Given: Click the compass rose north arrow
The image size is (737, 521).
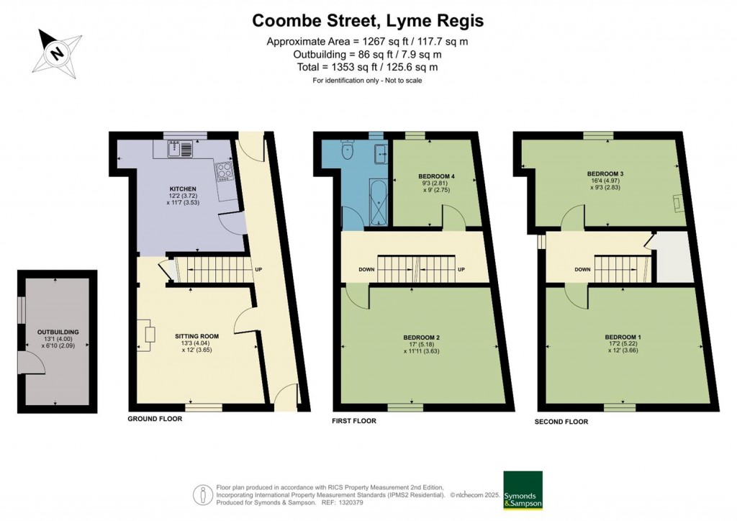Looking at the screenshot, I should (56, 52).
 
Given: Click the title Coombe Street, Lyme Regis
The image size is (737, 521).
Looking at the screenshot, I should (368, 21).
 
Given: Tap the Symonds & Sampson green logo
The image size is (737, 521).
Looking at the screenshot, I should (523, 490).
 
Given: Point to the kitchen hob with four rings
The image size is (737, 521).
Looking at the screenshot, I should (224, 171).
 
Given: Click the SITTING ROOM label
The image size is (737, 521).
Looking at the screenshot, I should (196, 336).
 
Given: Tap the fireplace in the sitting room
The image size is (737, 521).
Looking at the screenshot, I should (149, 335).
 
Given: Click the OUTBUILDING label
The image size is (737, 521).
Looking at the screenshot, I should (58, 332).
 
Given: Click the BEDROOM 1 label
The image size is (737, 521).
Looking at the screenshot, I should (623, 337).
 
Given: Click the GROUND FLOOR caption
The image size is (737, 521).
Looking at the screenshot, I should (155, 419).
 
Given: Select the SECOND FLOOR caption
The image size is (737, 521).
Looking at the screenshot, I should (561, 422).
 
